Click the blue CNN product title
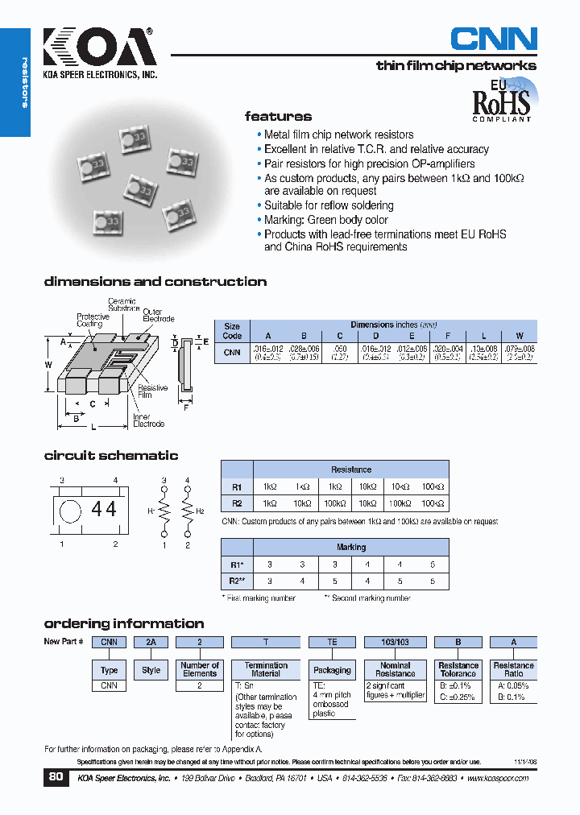tap(493, 39)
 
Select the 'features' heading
tap(278, 116)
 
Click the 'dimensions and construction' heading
tap(155, 282)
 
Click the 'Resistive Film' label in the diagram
tap(153, 391)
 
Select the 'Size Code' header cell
tap(232, 331)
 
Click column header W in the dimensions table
tap(519, 336)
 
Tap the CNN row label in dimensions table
tap(232, 352)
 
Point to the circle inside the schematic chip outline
tap(71, 510)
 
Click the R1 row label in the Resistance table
tap(237, 487)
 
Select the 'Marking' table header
tap(350, 547)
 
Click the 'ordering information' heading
tap(124, 623)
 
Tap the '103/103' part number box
tap(396, 642)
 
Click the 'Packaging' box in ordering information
tap(332, 670)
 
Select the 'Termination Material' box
tap(266, 670)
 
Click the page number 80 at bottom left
tap(56, 777)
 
